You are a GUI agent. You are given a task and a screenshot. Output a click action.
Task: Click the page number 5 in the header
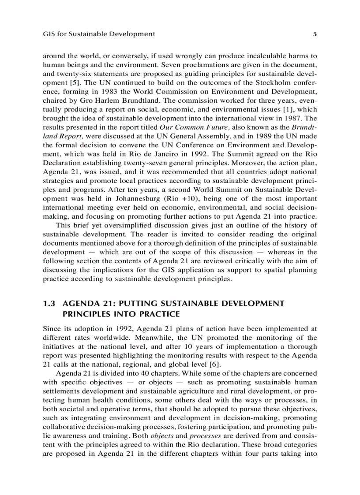click(x=315, y=33)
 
